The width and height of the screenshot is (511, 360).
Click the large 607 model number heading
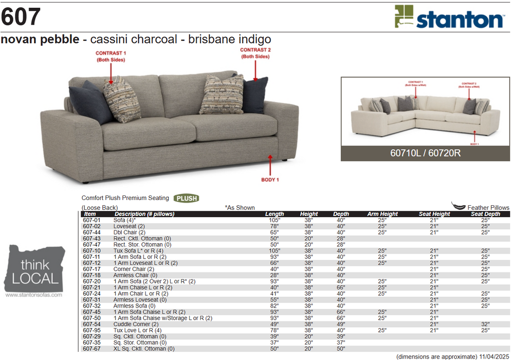(x=21, y=17)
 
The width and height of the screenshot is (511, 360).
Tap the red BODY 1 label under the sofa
(x=270, y=179)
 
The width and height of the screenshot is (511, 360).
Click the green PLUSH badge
(x=186, y=198)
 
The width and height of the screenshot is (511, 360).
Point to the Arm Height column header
(x=382, y=214)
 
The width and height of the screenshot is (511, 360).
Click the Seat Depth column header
(x=485, y=214)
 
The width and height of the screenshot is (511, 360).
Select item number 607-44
(x=92, y=232)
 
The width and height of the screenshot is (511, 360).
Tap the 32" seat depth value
(x=485, y=324)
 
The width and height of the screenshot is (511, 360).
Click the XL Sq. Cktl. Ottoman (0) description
(x=144, y=349)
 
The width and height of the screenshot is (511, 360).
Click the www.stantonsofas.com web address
(x=33, y=295)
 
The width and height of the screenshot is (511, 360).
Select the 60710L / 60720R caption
(x=425, y=153)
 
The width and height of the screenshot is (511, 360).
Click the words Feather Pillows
(x=488, y=208)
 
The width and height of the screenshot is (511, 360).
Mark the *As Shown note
(x=240, y=208)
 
